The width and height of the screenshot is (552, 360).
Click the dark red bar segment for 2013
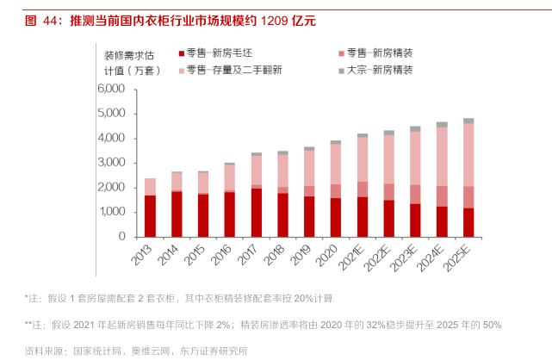click(150, 215)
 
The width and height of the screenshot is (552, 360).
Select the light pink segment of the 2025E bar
click(468, 155)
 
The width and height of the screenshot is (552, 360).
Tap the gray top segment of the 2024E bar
click(442, 124)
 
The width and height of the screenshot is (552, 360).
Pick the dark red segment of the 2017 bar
click(256, 212)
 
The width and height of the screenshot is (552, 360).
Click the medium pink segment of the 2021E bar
click(363, 189)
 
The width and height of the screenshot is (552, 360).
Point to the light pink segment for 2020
click(336, 164)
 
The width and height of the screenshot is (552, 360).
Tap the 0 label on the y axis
click(122, 236)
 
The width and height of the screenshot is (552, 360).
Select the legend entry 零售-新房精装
click(379, 53)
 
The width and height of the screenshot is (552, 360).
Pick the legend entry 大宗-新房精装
click(379, 69)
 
